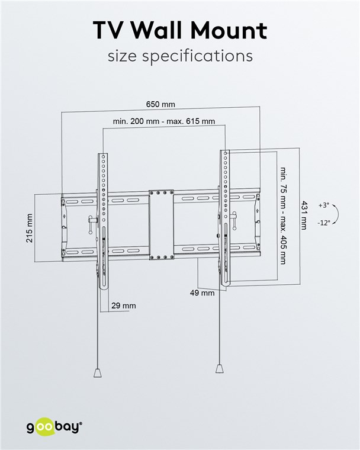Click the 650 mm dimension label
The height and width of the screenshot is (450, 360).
point(160,104)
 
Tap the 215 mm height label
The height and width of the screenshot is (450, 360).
point(30,228)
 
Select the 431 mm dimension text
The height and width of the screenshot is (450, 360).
point(304,216)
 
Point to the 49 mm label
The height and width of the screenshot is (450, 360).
point(202,293)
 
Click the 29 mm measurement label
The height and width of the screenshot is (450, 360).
point(124,306)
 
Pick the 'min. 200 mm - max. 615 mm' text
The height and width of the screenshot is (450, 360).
point(164,121)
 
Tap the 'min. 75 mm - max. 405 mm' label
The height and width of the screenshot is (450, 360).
point(284,216)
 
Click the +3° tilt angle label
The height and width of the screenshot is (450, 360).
point(324,205)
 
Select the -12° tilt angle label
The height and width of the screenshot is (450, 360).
point(324,223)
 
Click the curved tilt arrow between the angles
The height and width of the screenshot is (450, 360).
point(338,214)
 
